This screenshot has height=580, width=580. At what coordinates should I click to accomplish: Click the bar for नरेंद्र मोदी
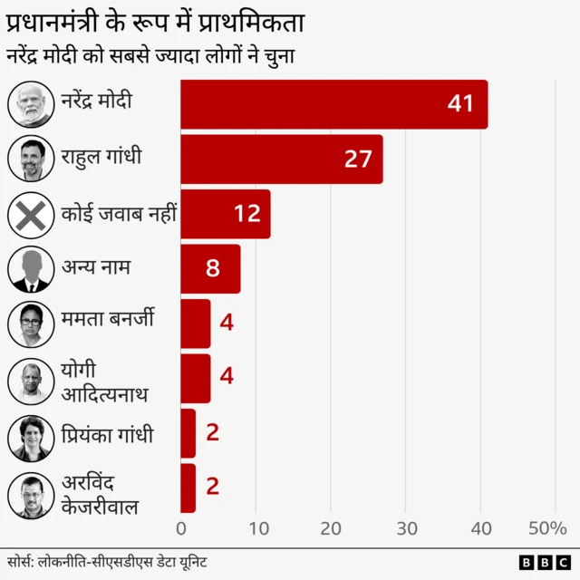[x=333, y=104]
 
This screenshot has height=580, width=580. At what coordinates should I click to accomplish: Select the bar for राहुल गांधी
[x=281, y=159]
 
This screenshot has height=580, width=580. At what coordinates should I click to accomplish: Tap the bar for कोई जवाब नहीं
[x=225, y=214]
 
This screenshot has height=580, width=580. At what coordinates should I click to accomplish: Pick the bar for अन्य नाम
[x=210, y=269]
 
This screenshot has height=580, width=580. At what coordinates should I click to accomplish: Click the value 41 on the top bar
[x=460, y=104]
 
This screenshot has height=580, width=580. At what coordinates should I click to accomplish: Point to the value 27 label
[x=358, y=159]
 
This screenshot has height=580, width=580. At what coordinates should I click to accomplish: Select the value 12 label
[x=246, y=214]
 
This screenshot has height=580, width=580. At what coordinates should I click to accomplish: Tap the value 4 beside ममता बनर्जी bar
[x=227, y=323]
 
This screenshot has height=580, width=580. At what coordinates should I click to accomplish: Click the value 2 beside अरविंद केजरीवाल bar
[x=212, y=487]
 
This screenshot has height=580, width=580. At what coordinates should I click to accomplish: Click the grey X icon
[x=32, y=215]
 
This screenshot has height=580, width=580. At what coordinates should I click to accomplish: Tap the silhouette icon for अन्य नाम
[x=32, y=269]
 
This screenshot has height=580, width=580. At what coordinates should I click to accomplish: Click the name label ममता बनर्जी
[x=108, y=319]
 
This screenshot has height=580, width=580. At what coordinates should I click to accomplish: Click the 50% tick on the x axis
[x=547, y=528]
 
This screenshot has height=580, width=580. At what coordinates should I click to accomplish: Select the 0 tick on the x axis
[x=181, y=528]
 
